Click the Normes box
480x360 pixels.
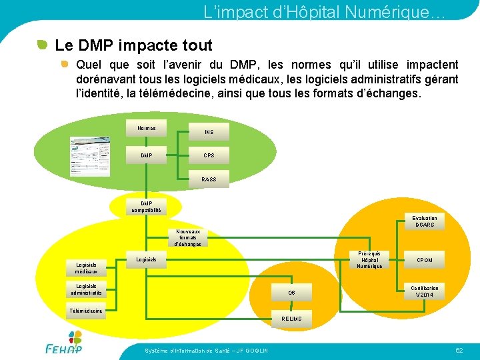(147, 129)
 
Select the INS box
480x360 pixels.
(209, 132)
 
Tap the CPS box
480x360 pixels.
(209, 155)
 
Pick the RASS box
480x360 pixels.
(209, 179)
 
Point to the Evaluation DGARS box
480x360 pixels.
(424, 221)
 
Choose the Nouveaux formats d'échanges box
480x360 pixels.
(188, 239)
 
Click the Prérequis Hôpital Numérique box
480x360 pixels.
(369, 260)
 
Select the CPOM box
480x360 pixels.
(424, 260)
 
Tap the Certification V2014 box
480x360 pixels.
(424, 291)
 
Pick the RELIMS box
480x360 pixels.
(291, 319)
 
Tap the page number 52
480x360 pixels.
(459, 350)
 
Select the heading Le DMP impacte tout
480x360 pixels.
(133, 45)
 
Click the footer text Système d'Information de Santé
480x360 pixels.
(206, 351)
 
